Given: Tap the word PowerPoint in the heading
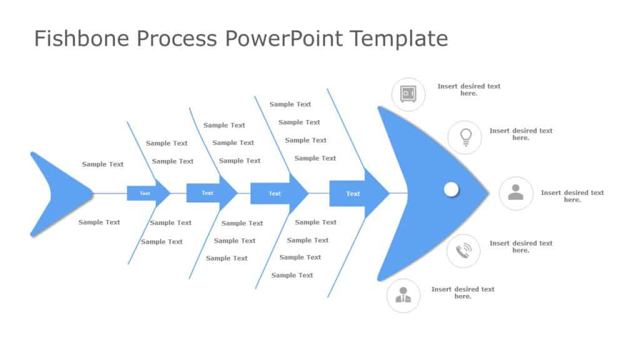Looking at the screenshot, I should click(283, 39).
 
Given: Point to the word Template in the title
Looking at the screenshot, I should click(399, 39).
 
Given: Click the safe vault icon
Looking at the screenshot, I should click(408, 94).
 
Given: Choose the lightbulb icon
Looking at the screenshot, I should click(465, 137).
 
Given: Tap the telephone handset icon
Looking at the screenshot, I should click(463, 251).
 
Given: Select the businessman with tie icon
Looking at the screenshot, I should click(403, 295).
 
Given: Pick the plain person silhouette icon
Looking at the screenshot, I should click(516, 193).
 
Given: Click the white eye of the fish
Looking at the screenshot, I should click(451, 189).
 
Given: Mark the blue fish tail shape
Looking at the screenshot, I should click(56, 193).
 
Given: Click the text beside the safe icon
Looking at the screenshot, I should click(469, 89).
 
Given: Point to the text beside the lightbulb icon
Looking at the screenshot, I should click(521, 134).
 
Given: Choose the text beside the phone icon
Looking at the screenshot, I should click(521, 247).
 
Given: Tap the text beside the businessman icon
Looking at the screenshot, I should click(462, 292).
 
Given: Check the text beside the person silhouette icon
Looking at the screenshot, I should click(572, 196).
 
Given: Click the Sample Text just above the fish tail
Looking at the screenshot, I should click(102, 164).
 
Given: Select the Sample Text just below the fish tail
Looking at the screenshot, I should click(99, 222).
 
